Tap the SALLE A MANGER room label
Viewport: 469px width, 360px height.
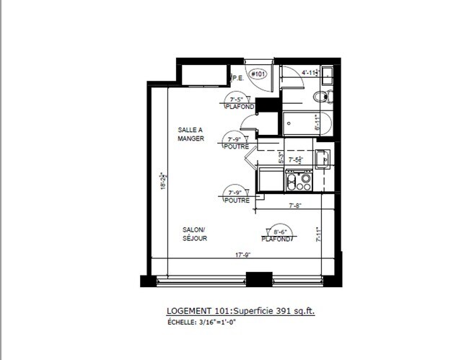click(x=191, y=134)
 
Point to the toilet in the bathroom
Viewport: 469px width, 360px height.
click(x=322, y=97)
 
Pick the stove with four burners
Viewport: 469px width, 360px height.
click(x=299, y=179)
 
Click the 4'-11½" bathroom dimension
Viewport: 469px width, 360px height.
click(x=310, y=72)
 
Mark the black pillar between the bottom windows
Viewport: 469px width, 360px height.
click(x=258, y=278)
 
